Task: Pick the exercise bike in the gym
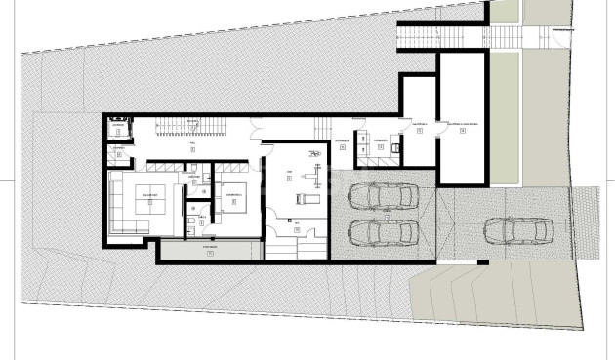(x=313, y=155)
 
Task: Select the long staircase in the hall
(x=181, y=126)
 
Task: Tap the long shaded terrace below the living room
(x=209, y=251)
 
